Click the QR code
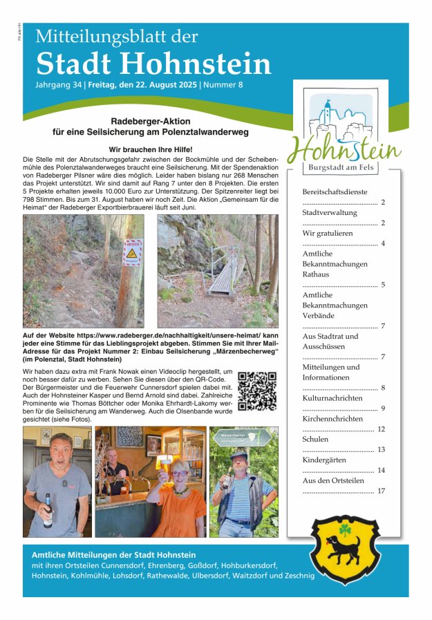coord(257,391)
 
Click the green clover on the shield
coord(345,529)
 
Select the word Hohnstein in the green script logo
coord(344,148)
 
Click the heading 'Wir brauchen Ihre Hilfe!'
coord(150,149)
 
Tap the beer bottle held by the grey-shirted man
coord(48,510)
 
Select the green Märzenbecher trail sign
coord(243,437)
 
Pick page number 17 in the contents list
coord(381,491)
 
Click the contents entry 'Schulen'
coord(315,439)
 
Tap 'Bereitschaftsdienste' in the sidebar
coord(335,191)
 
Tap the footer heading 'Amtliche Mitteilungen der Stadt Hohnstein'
coord(114,554)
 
